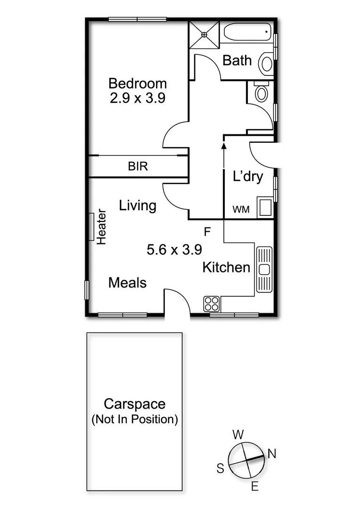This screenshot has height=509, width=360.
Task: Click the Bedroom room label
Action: (138, 83)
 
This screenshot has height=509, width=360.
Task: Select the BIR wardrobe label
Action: (138, 166)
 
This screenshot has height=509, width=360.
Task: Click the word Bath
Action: (237, 60)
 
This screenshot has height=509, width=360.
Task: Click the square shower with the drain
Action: (204, 34)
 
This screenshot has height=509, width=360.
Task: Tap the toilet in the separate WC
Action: (261, 91)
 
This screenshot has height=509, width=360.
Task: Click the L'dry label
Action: (248, 177)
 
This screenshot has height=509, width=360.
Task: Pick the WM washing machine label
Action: (242, 209)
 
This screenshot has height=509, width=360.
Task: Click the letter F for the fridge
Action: (207, 231)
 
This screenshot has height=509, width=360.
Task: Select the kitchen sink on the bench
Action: (264, 269)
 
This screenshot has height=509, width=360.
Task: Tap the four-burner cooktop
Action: (212, 304)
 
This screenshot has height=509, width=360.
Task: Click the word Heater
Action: (101, 227)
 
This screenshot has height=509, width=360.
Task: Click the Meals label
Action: (127, 283)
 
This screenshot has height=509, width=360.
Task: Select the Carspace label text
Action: (135, 404)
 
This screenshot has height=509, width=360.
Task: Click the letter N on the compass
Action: (272, 453)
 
